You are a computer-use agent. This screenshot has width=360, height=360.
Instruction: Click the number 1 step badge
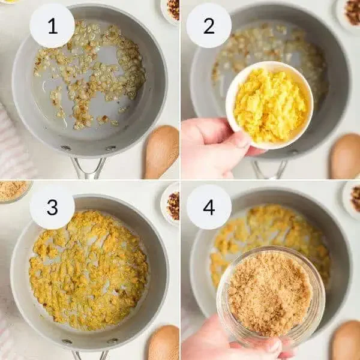click(x=52, y=25)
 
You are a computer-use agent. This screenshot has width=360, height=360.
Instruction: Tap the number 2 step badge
click(x=209, y=25)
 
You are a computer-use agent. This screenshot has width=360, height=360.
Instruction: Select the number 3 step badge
click(x=52, y=207)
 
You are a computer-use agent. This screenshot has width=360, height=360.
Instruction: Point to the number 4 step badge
click(x=209, y=207)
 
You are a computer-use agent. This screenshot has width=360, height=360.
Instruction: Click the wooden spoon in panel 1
click(x=161, y=152)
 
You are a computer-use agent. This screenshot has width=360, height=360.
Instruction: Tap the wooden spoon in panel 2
click(x=346, y=156)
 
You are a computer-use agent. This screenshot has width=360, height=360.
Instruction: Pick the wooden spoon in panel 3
click(x=164, y=343)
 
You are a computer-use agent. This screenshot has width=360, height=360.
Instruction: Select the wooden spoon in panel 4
click(x=346, y=340)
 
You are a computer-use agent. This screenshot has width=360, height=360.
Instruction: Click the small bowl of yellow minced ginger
click(x=269, y=105)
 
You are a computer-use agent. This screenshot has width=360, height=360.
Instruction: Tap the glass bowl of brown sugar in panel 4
click(x=271, y=293)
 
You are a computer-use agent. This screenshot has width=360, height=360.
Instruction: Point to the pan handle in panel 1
click(x=88, y=167)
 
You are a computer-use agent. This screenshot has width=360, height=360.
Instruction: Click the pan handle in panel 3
click(x=89, y=355)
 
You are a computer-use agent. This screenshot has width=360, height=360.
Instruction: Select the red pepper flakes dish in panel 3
click(x=170, y=205)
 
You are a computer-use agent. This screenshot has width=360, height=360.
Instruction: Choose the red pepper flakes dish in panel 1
click(x=170, y=11)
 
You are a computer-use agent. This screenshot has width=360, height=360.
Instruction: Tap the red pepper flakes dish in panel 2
click(x=349, y=14)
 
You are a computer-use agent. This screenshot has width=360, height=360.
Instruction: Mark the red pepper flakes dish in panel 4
click(x=352, y=199)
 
